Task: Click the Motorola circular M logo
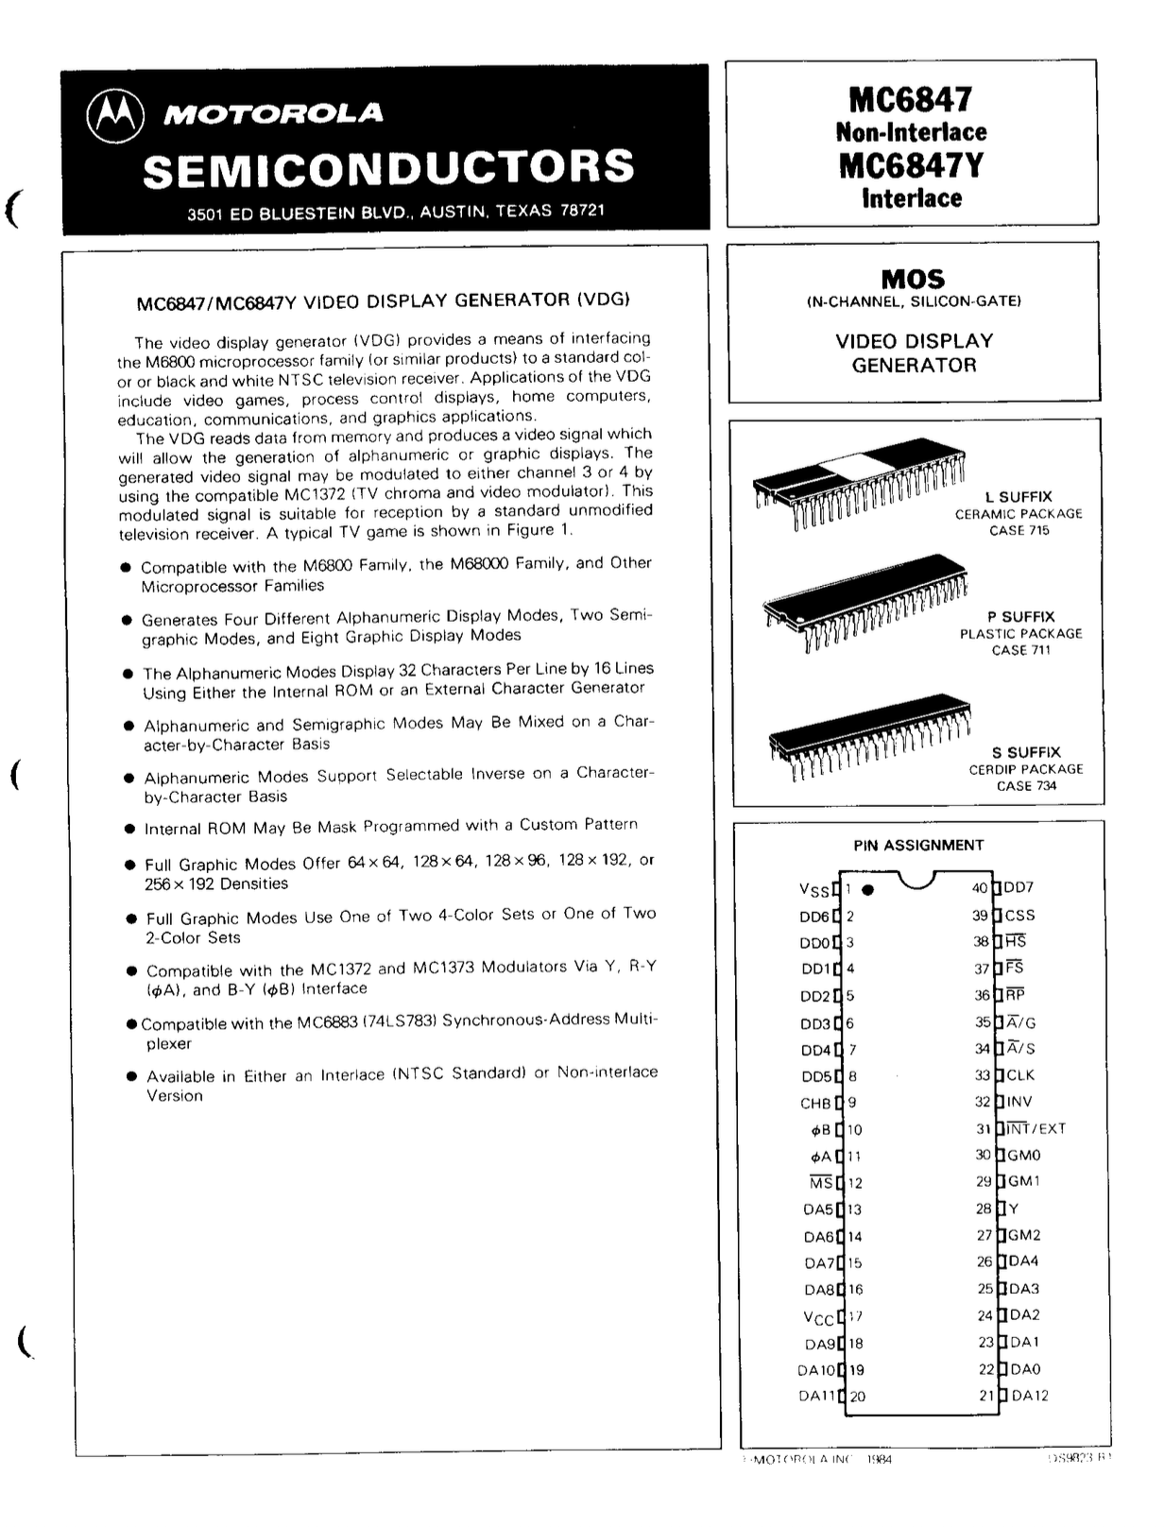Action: [x=115, y=115]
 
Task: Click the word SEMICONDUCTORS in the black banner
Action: [x=388, y=167]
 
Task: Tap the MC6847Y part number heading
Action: [x=911, y=165]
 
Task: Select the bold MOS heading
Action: [x=913, y=279]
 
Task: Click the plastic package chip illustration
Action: [x=864, y=601]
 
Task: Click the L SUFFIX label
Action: [x=1018, y=497]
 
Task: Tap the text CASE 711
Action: [x=1020, y=650]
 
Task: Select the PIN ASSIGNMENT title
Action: [x=918, y=845]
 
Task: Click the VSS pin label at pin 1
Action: [x=814, y=890]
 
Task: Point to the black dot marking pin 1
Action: [x=868, y=889]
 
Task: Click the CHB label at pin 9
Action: [x=815, y=1103]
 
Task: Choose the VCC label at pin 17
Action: [x=818, y=1317]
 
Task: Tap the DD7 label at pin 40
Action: [x=1018, y=887]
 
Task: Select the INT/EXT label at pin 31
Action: [x=1036, y=1128]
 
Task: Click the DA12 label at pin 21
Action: [x=1030, y=1396]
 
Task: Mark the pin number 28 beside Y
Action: [x=984, y=1209]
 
